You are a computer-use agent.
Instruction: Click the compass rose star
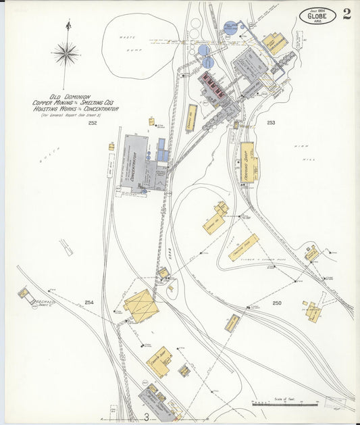pos(66,53)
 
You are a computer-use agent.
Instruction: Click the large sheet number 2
pos(346,14)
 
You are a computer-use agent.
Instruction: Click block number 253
pos(271,122)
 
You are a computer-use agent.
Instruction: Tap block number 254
pos(89,302)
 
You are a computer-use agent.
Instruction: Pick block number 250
pos(277,303)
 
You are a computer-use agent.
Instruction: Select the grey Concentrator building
pos(136,162)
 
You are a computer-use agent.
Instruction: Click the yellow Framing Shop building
pos(246,162)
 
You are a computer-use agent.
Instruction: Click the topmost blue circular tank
pos(230,27)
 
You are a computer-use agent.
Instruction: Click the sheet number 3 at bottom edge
pos(145,417)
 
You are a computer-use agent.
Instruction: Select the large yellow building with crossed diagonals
pos(141,305)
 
